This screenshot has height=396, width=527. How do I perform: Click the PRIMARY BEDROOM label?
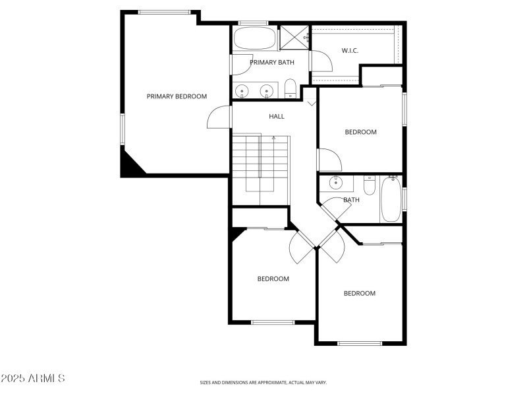177,96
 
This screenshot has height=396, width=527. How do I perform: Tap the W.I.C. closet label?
350,51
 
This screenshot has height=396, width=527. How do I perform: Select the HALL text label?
277,116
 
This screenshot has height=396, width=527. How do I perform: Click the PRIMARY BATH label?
271,63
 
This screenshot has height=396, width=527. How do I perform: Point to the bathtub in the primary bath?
255,38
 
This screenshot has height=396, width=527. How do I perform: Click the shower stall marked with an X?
294,38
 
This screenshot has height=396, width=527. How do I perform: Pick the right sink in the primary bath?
267,91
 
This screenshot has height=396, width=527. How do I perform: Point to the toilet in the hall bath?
369,187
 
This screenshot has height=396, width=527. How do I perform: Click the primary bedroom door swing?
219,117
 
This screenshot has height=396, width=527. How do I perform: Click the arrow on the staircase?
273,139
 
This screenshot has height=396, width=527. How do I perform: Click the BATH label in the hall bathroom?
352,200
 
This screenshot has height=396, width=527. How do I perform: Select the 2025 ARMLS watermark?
32,378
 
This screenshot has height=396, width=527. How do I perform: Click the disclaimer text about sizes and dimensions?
263,382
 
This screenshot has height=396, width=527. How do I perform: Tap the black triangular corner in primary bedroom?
130,164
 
